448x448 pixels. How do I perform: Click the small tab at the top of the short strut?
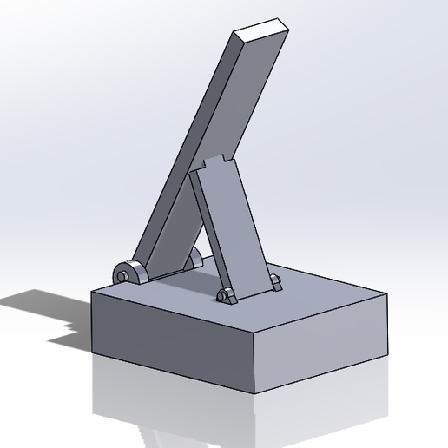pos(218,162)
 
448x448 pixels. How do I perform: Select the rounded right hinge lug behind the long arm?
pos(195,258)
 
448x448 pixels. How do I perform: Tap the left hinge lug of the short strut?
pos(226,296)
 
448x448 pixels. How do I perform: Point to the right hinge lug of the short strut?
pos(275,282)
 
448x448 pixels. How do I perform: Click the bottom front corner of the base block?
pos(254,393)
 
